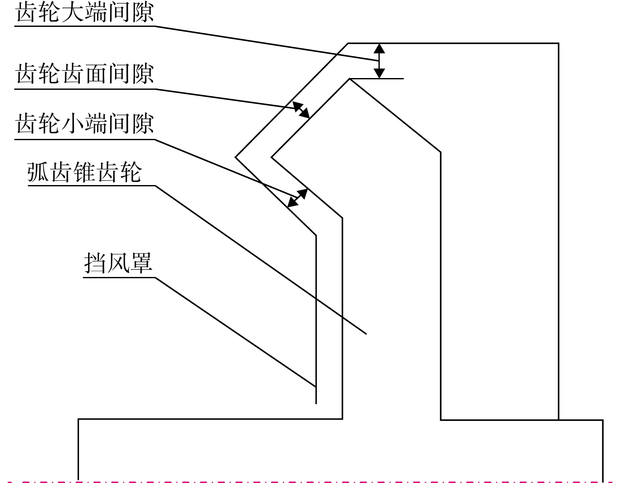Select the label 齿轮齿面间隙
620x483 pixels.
pos(85,73)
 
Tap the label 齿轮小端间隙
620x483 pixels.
pos(85,124)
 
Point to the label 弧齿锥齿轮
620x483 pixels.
pos(84,172)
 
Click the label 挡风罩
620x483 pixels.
pos(118,263)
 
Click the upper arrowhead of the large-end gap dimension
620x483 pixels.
pos(379,48)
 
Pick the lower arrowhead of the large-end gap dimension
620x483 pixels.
pos(379,73)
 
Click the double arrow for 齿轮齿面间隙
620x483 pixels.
pos(301,110)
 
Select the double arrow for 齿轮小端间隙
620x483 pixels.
pos(297,198)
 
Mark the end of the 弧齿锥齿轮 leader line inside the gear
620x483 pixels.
pos(366,334)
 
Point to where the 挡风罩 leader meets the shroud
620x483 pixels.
pos(316,386)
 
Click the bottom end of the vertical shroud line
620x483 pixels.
pos(316,404)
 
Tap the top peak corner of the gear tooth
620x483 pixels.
pos(350,78)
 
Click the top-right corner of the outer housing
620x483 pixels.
pos(558,43)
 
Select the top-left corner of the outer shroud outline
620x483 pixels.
pos(348,43)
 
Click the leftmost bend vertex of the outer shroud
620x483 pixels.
pos(235,157)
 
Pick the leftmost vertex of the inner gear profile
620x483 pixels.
pos(271,157)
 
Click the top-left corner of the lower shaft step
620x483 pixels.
pos(79,419)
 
